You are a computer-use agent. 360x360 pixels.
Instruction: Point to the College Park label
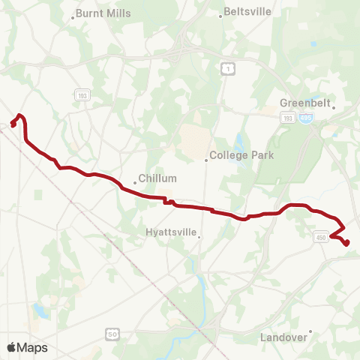pyautogui.click(x=241, y=156)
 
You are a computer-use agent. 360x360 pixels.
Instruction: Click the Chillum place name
pyautogui.click(x=160, y=178)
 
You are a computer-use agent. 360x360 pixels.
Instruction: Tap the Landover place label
pyautogui.click(x=283, y=337)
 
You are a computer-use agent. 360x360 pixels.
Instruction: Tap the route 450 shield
pyautogui.click(x=321, y=237)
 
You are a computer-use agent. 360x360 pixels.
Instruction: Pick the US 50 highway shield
pyautogui.click(x=112, y=332)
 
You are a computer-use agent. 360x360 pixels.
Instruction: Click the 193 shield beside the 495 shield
pyautogui.click(x=288, y=118)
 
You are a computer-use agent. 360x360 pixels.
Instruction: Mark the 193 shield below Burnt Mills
pyautogui.click(x=82, y=95)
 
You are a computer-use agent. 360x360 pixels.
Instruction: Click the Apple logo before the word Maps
pyautogui.click(x=11, y=347)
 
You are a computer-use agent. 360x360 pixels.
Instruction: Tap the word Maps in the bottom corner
pyautogui.click(x=32, y=347)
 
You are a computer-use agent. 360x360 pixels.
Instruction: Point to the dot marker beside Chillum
pyautogui.click(x=135, y=181)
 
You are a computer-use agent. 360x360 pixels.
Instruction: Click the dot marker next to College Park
pyautogui.click(x=206, y=159)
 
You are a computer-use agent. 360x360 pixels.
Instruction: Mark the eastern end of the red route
pyautogui.click(x=348, y=243)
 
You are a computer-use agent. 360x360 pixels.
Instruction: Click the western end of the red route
pyautogui.click(x=13, y=124)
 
